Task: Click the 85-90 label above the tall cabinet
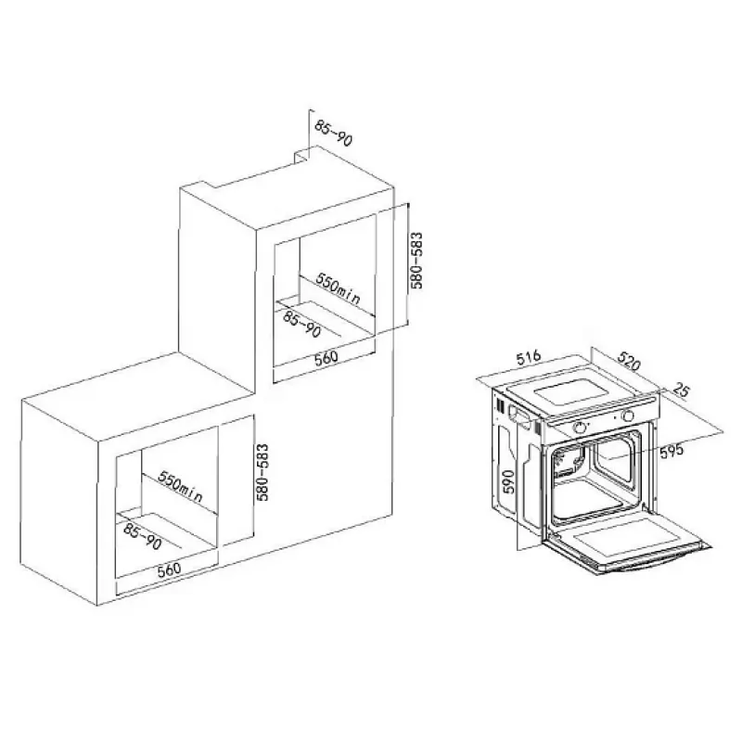334,133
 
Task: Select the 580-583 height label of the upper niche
416,261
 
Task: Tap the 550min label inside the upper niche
338,289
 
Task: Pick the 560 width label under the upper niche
326,357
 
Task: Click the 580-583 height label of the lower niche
262,472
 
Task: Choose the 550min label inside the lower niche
180,486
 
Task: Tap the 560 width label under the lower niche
170,569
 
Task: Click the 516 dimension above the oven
528,357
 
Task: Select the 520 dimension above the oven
629,362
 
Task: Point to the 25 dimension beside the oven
682,390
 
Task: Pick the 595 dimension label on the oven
672,451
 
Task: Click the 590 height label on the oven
507,481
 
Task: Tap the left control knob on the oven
580,428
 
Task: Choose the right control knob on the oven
629,416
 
